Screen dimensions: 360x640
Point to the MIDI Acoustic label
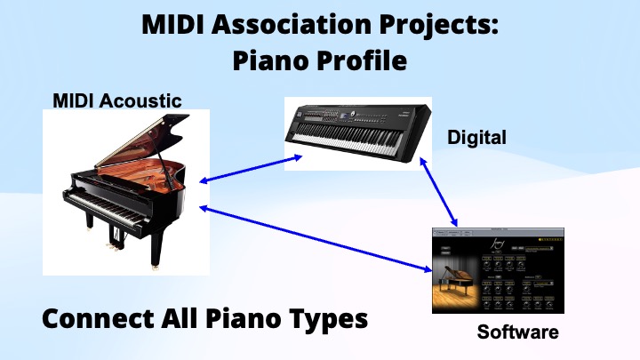tap(116, 100)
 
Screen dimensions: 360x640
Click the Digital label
tap(476, 137)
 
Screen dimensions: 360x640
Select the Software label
tap(518, 332)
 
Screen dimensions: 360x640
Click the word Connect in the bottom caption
tap(97, 318)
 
